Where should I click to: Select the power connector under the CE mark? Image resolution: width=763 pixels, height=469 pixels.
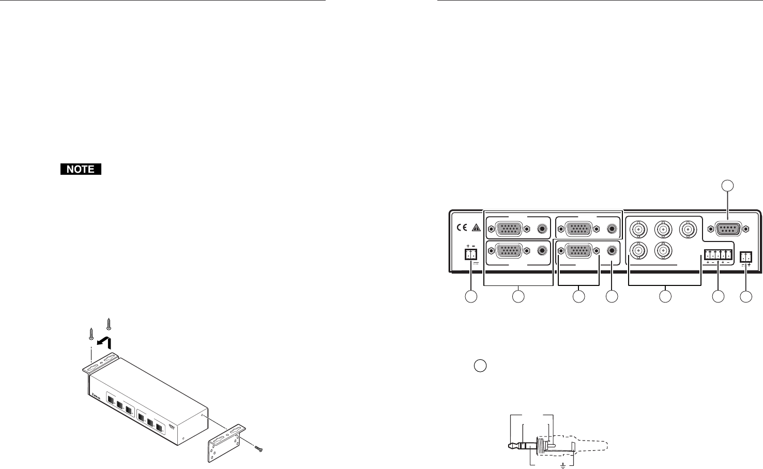(x=471, y=254)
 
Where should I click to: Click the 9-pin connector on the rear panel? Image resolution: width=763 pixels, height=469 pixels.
(x=727, y=229)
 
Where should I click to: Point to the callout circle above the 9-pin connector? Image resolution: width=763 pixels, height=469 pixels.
(x=727, y=184)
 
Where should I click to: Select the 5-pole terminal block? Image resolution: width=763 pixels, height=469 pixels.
(x=718, y=254)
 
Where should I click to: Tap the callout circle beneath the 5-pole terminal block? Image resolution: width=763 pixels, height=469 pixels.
(x=718, y=296)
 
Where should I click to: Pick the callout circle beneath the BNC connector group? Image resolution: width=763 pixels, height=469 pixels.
(x=665, y=296)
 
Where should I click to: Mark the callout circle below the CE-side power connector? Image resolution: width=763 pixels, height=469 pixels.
(x=471, y=296)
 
